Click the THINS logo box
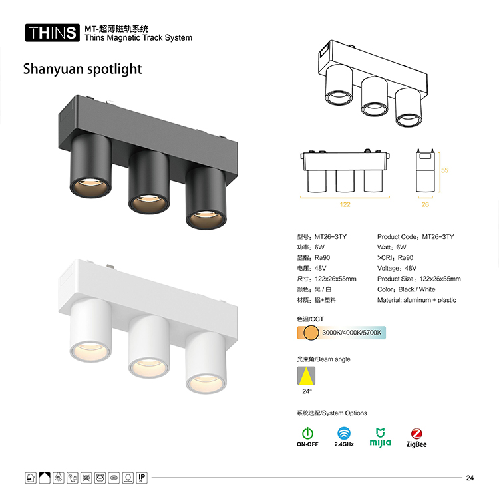52,33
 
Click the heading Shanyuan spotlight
83,69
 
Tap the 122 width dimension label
345,204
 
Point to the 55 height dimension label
444,170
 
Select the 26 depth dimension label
425,204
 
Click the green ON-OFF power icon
307,433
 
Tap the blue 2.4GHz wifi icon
344,433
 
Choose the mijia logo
381,438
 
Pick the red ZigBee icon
416,433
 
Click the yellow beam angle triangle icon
306,376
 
